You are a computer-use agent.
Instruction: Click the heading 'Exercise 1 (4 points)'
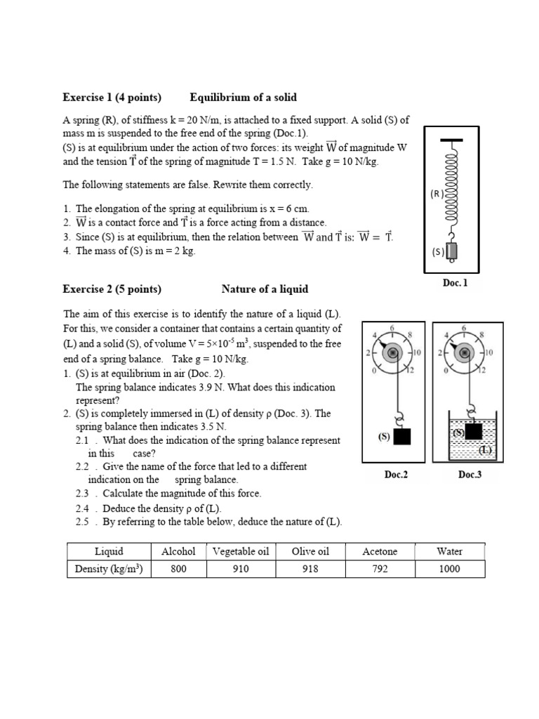click(x=112, y=97)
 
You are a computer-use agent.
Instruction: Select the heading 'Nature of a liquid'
click(x=265, y=289)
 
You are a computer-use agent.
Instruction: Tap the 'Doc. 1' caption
click(x=455, y=283)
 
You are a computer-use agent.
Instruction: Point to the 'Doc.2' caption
click(x=396, y=475)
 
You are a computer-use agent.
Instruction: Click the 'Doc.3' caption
click(x=470, y=475)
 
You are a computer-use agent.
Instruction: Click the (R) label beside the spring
click(x=437, y=194)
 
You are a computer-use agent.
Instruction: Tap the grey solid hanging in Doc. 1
click(x=452, y=251)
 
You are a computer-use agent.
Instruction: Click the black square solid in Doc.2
click(x=402, y=437)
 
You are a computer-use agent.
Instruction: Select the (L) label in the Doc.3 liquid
click(x=485, y=449)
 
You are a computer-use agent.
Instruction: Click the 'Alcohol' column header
click(x=178, y=551)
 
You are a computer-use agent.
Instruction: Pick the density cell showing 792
click(x=380, y=569)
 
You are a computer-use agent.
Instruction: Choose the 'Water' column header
click(x=449, y=551)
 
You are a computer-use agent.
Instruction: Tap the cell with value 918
click(x=310, y=569)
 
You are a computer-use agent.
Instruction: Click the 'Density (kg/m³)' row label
click(x=109, y=569)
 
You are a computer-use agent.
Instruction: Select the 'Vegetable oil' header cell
click(x=241, y=551)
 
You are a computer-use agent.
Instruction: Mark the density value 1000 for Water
click(x=449, y=569)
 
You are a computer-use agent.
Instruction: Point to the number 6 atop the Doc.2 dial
click(x=392, y=328)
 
